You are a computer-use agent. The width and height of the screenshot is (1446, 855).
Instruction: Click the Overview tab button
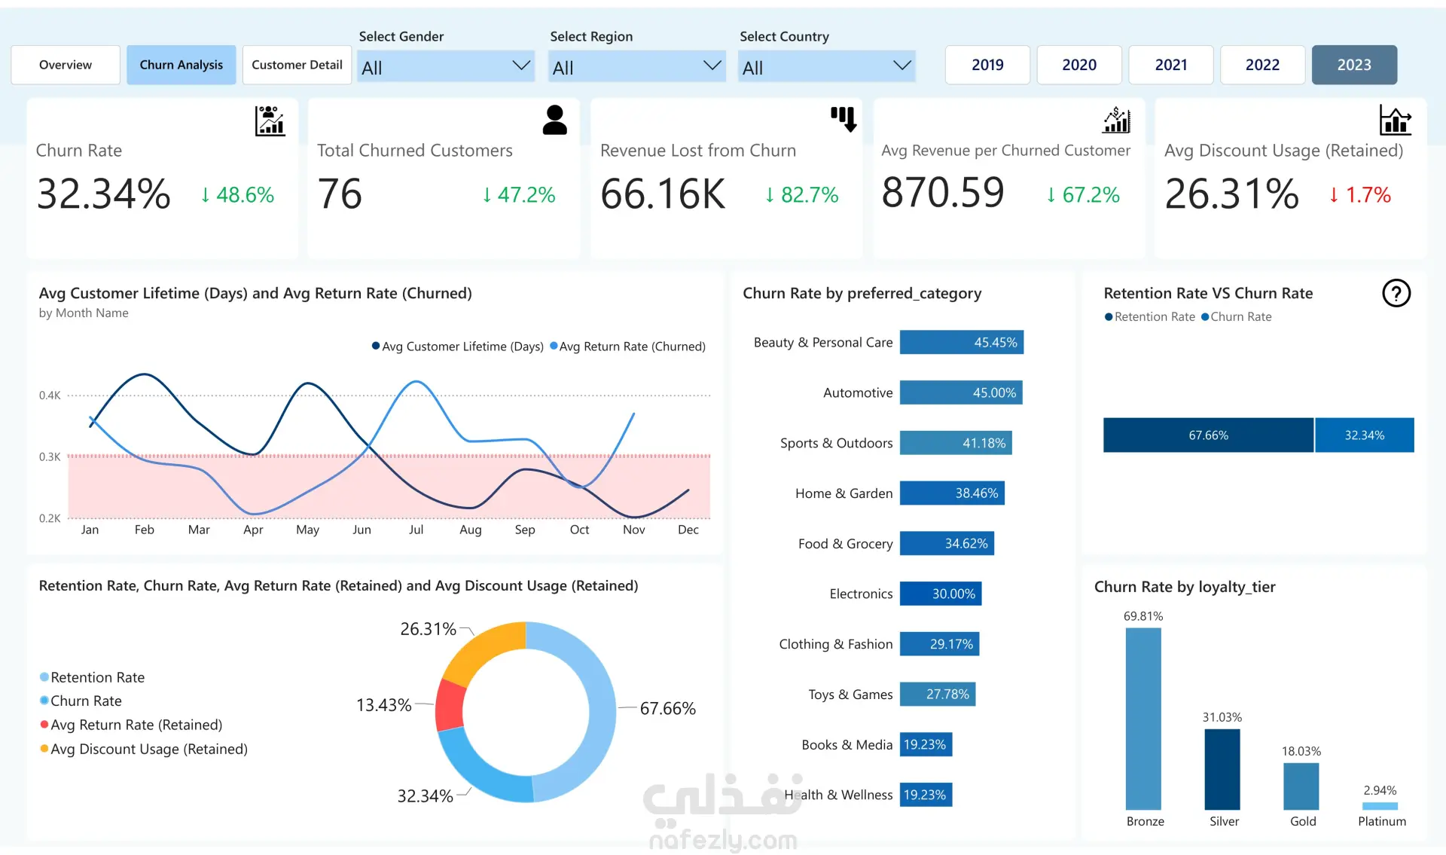tap(66, 65)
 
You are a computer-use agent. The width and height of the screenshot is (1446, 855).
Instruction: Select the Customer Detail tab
tap(297, 65)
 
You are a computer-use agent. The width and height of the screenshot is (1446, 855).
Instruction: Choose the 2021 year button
tap(1171, 65)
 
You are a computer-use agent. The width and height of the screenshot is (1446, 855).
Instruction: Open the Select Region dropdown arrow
tap(712, 66)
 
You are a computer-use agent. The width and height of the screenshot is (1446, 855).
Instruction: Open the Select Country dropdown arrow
tap(901, 66)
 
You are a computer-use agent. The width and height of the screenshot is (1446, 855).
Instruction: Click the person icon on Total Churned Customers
tap(554, 120)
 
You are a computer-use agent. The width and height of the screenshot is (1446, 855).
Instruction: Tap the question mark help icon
tap(1396, 293)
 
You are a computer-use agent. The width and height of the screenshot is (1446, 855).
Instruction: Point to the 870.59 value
tap(943, 193)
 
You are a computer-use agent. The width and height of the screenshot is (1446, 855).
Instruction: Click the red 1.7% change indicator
tap(1359, 195)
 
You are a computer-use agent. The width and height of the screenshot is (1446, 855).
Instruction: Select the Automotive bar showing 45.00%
tap(961, 392)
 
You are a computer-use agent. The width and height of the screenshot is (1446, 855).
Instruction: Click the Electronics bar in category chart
tap(941, 594)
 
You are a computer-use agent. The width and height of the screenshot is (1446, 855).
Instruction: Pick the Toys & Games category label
tap(850, 695)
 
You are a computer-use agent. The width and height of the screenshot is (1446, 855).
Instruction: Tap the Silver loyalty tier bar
tap(1222, 769)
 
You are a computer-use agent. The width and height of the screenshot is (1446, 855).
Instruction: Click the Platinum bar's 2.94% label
tap(1380, 790)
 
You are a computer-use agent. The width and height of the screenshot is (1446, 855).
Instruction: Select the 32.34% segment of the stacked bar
tap(1365, 435)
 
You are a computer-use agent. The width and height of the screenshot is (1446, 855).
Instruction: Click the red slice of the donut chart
tap(450, 705)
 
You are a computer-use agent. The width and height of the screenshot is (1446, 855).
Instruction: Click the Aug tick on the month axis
tap(471, 530)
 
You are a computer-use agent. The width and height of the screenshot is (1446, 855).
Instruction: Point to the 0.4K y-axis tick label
tap(50, 395)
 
